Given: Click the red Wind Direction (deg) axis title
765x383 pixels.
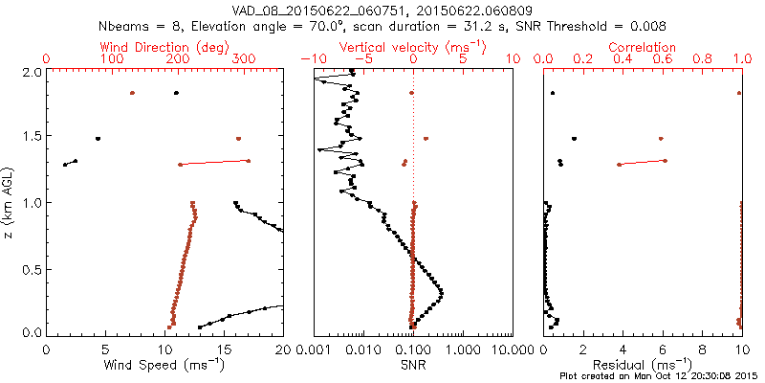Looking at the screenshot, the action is [164, 47].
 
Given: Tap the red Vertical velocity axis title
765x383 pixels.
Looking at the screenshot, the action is [413, 47].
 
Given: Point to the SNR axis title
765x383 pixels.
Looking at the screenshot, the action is [413, 365].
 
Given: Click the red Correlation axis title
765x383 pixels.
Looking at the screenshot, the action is [642, 47].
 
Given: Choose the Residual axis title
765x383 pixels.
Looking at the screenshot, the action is [642, 364].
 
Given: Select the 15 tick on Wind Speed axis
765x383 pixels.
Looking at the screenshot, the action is [224, 349].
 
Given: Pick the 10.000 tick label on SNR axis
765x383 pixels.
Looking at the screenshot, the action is [512, 349].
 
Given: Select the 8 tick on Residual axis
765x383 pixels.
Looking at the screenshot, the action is [702, 349].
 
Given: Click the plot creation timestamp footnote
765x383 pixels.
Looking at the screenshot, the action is [661, 376].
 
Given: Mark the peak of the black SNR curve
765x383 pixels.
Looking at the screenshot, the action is [441, 294].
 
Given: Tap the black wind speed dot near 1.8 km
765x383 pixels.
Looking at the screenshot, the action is [176, 93].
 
